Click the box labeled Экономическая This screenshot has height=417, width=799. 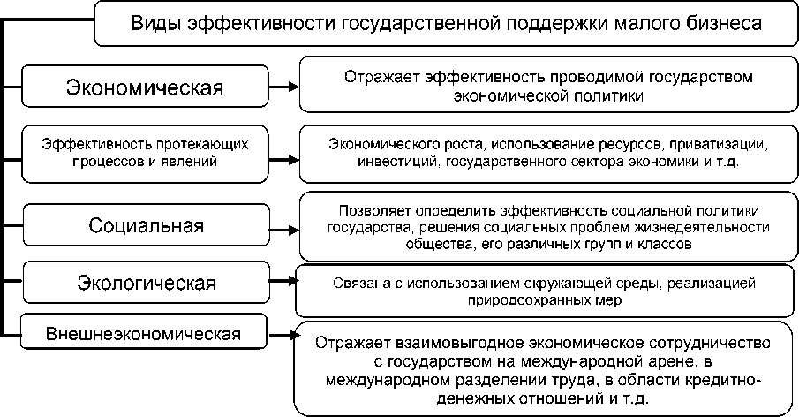point(146,87)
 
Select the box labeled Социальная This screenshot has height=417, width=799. point(146,225)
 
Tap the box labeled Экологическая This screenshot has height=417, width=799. point(146,284)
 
